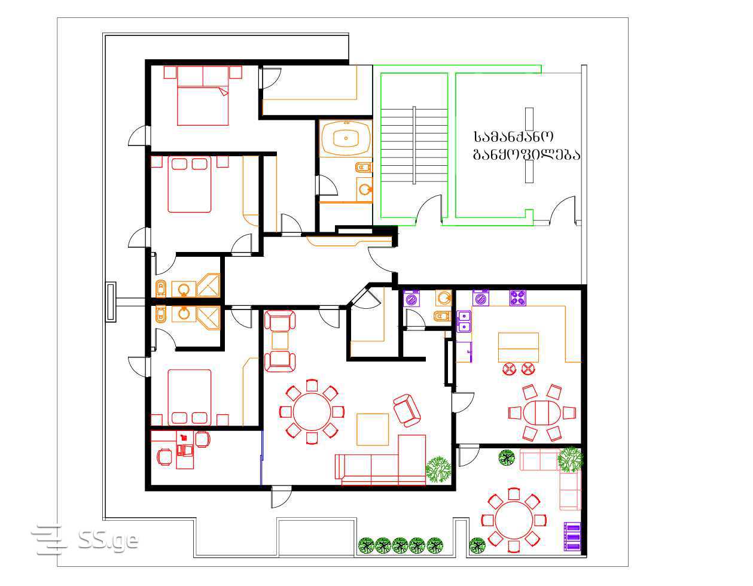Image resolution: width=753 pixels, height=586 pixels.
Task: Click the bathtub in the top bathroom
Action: click(x=346, y=138)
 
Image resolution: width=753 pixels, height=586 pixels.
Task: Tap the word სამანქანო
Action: click(x=513, y=136)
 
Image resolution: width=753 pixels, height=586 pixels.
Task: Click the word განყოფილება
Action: click(x=526, y=154)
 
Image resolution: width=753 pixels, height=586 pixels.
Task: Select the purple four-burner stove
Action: click(x=517, y=298)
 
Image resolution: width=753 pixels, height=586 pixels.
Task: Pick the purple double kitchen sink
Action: click(x=464, y=321)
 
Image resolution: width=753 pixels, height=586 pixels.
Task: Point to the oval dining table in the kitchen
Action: click(x=541, y=412)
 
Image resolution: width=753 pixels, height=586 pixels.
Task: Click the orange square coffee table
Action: click(x=373, y=429)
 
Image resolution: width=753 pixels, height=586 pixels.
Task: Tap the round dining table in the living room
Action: click(x=312, y=412)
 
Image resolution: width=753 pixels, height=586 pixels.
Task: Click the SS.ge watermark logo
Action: click(x=85, y=539)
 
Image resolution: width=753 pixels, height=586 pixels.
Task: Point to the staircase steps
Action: click(x=414, y=145)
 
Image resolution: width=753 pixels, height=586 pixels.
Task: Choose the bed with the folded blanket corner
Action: click(x=203, y=96)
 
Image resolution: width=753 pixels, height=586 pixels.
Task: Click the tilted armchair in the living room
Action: click(x=407, y=410)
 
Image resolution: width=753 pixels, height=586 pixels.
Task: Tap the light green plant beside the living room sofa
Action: click(x=438, y=469)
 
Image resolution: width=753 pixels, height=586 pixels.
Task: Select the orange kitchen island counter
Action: click(x=518, y=347)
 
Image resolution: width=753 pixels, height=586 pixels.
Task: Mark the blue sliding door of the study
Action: click(x=261, y=457)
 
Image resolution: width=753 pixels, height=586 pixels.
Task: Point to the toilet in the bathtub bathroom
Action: click(x=364, y=168)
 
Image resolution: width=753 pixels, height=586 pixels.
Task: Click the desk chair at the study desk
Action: click(x=186, y=450)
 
